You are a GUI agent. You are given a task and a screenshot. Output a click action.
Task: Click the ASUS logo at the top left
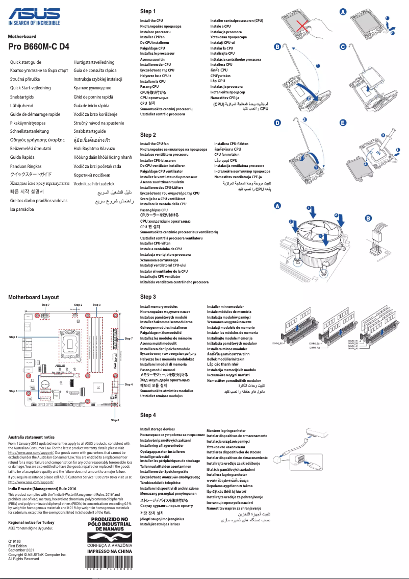point(34,14)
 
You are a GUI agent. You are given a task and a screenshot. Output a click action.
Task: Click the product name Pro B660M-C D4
point(39,47)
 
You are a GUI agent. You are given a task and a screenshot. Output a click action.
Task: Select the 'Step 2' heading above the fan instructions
point(148,135)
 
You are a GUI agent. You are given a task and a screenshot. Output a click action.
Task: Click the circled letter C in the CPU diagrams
point(343,47)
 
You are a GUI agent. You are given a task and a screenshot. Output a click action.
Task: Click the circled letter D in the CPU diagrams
point(277,123)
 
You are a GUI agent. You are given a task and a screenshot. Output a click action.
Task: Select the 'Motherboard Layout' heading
point(33,297)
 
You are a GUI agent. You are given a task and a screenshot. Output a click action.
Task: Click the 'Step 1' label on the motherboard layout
point(13,337)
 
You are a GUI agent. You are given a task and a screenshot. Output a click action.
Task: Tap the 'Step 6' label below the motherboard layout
point(115,420)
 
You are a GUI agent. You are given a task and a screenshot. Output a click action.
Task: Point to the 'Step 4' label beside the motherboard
point(129,384)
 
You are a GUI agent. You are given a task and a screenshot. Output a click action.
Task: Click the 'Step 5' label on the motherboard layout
point(13,391)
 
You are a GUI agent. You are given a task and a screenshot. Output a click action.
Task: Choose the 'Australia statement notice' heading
point(31,437)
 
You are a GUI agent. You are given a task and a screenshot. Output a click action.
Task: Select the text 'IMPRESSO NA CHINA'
point(110,551)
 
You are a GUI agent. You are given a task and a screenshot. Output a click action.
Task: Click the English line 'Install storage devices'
point(158,429)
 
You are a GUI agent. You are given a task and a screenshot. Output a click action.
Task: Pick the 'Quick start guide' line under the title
point(26,62)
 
